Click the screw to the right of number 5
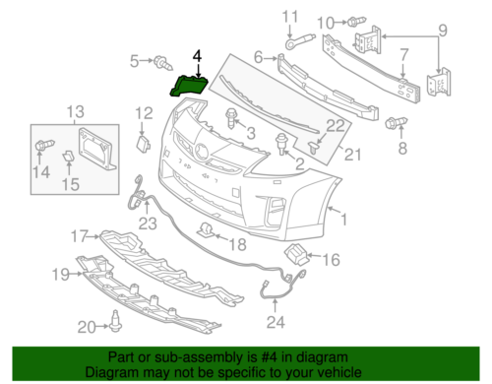[x=157, y=63]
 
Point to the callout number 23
[x=147, y=224]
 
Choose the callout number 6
[x=260, y=59]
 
